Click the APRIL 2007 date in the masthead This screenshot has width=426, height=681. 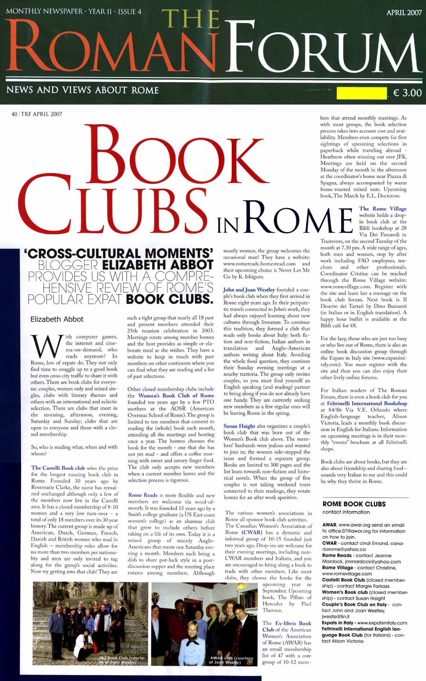pyautogui.click(x=404, y=12)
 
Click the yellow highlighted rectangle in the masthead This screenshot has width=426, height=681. pyautogui.click(x=361, y=93)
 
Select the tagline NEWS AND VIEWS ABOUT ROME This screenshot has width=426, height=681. pyautogui.click(x=83, y=90)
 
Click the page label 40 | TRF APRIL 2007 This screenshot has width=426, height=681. pyautogui.click(x=37, y=114)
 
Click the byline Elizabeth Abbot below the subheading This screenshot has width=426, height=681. pyautogui.click(x=57, y=319)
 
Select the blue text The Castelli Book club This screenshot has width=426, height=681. pyautogui.click(x=58, y=468)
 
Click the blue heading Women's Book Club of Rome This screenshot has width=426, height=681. pyautogui.click(x=176, y=395)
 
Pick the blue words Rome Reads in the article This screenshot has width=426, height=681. pyautogui.click(x=143, y=495)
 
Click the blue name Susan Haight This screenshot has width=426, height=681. pyautogui.click(x=239, y=426)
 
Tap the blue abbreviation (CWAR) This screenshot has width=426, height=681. pyautogui.click(x=252, y=532)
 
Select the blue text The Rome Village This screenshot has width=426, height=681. pyautogui.click(x=383, y=208)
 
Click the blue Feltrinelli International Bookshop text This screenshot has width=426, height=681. pyautogui.click(x=367, y=403)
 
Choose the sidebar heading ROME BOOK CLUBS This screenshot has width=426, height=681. pyautogui.click(x=354, y=504)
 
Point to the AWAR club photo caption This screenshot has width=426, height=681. pyautogui.click(x=231, y=660)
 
